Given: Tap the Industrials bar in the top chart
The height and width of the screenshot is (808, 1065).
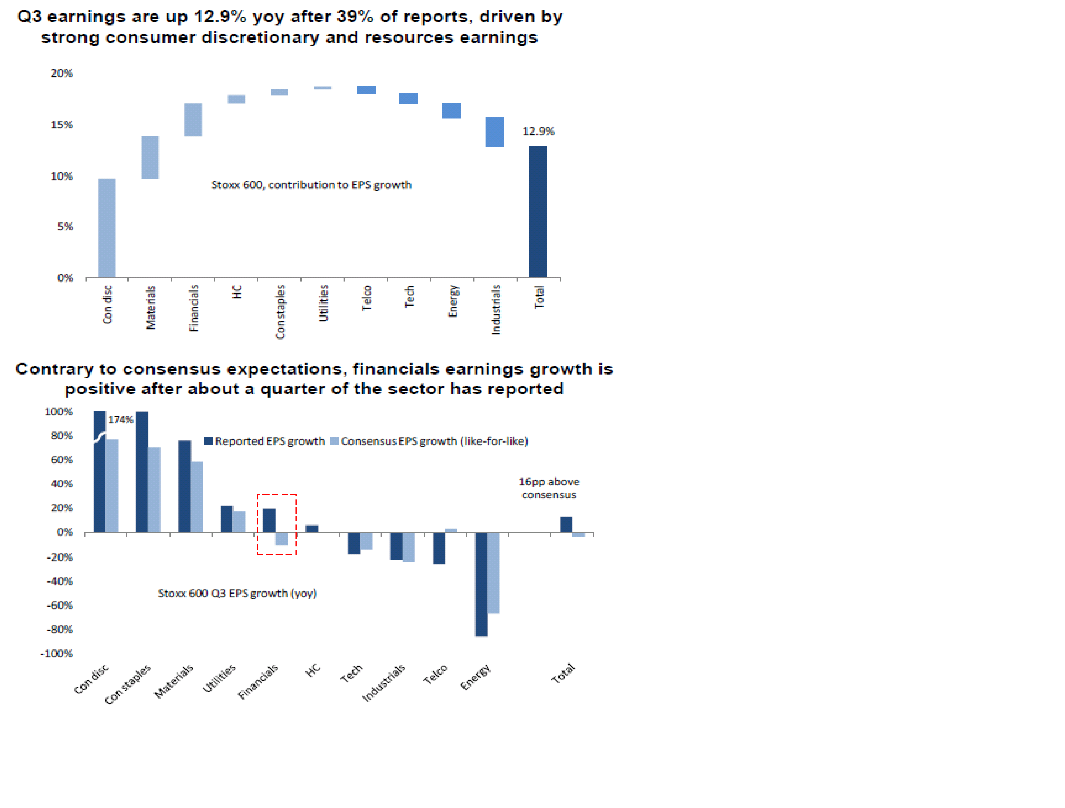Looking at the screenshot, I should [x=494, y=132].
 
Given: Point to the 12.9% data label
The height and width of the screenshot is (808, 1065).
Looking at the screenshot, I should [x=538, y=131].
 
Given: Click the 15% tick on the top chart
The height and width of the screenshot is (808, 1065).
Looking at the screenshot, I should [x=62, y=125].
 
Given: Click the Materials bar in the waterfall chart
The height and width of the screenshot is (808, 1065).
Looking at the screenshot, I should [x=150, y=157].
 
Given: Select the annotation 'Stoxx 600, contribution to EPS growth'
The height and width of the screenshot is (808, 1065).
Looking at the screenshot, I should [x=311, y=185].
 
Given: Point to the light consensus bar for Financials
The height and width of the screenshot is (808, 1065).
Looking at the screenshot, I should [x=282, y=539].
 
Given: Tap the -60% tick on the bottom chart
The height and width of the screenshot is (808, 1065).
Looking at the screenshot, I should [x=60, y=605].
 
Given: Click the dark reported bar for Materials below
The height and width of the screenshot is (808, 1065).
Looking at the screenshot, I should [x=184, y=486].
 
